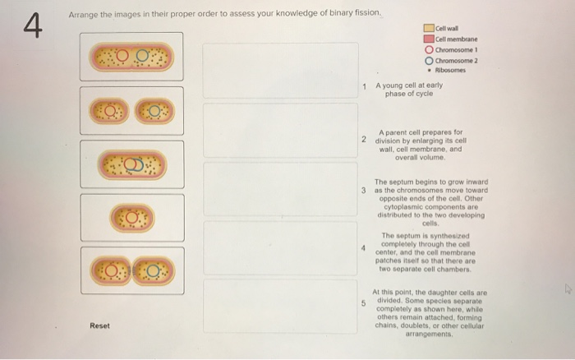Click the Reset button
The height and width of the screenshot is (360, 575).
99,325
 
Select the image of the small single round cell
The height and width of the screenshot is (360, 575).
131,218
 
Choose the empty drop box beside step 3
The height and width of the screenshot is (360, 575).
280,189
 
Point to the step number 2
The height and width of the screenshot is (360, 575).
364,139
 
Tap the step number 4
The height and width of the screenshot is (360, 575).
364,246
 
